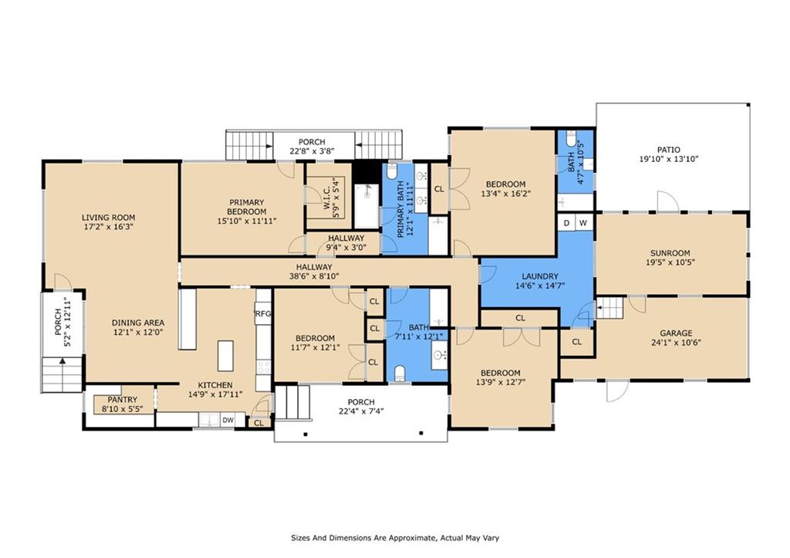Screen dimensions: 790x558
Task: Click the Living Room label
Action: [108, 218]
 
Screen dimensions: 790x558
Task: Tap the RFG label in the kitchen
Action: [263, 313]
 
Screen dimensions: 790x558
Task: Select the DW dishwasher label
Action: [228, 420]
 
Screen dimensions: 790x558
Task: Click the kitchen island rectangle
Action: [225, 355]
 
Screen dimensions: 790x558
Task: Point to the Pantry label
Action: [122, 400]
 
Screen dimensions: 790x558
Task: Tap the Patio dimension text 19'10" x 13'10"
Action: [669, 159]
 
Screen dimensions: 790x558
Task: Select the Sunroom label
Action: [670, 253]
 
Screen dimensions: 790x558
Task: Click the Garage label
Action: [676, 333]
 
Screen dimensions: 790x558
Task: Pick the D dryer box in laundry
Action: [566, 223]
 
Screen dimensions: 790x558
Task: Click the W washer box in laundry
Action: [583, 223]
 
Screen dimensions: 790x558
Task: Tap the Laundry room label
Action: [539, 276]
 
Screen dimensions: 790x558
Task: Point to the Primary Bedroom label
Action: [246, 207]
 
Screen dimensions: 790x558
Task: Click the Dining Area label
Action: [137, 323]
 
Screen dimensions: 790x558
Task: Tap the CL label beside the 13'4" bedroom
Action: [439, 189]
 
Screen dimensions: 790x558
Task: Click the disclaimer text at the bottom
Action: [395, 538]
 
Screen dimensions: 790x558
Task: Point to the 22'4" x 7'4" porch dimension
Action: [361, 411]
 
